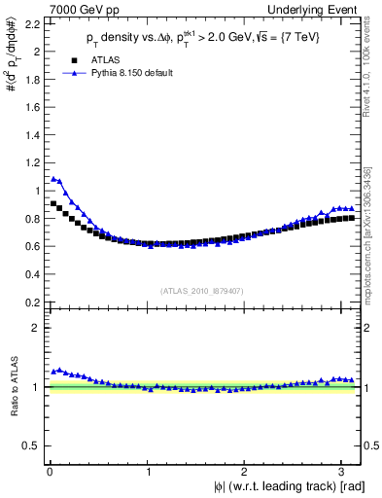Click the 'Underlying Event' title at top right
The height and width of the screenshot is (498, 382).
319,9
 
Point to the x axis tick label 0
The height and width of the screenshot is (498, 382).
50,471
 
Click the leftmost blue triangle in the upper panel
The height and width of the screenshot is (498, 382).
53,178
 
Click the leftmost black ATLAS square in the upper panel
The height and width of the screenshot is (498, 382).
53,203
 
